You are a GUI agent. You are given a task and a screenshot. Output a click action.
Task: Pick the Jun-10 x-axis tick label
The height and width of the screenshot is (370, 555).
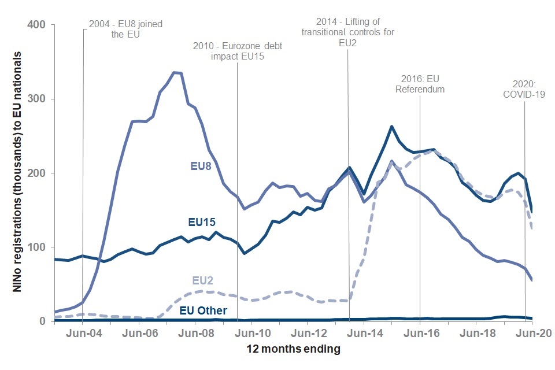(253, 334)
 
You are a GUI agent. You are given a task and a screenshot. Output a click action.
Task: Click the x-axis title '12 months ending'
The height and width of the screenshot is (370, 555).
(294, 349)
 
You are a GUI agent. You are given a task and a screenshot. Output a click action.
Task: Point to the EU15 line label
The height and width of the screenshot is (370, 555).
(203, 222)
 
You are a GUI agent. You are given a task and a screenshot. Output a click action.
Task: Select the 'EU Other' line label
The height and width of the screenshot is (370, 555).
(203, 310)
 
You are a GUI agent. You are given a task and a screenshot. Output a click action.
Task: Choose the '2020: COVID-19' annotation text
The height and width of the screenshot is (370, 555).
(524, 89)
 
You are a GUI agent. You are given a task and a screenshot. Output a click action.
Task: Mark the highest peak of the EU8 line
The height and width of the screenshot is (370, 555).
(174, 72)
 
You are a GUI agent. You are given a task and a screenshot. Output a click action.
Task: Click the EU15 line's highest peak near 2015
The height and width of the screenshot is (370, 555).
(392, 126)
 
